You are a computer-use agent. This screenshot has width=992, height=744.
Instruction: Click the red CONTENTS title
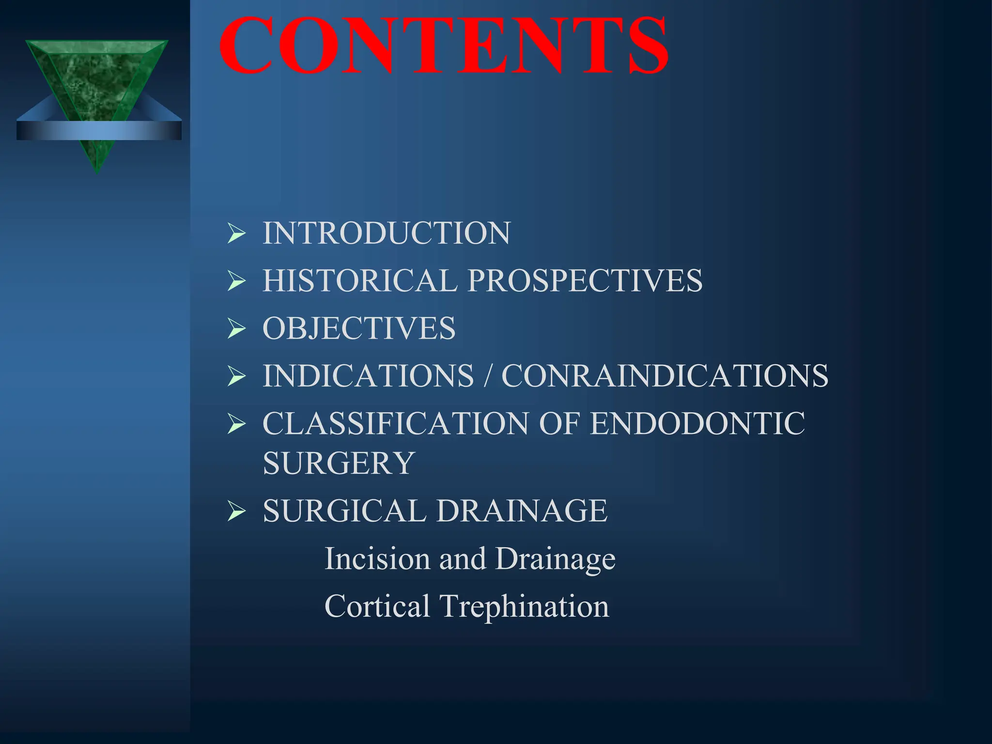coord(444,46)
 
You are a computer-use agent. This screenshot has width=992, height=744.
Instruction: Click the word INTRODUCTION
coord(386,233)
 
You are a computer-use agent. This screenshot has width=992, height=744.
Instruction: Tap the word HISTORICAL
coord(360,280)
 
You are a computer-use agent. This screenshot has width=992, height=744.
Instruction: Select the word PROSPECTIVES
coord(585,280)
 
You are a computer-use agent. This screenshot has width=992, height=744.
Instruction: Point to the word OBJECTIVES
coord(359,328)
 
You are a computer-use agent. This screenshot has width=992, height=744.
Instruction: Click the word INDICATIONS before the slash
coord(368,375)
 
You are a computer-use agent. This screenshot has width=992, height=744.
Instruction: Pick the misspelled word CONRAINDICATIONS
coord(665,375)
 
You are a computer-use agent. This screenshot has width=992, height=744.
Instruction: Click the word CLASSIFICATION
coord(395,423)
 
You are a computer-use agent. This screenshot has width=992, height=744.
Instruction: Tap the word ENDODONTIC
coord(697,423)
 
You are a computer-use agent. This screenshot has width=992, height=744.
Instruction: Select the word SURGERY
coord(339,463)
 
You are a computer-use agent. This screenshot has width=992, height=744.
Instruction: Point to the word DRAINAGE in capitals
coord(522,511)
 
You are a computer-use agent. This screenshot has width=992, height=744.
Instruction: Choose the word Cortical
coord(377,606)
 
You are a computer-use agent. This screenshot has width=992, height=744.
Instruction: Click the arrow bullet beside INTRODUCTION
coord(236,233)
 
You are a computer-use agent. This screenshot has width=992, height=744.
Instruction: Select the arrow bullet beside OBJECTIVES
coord(236,328)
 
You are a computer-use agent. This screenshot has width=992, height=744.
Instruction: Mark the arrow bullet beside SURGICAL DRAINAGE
coord(236,511)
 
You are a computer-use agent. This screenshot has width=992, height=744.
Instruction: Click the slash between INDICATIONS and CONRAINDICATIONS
coord(488,375)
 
